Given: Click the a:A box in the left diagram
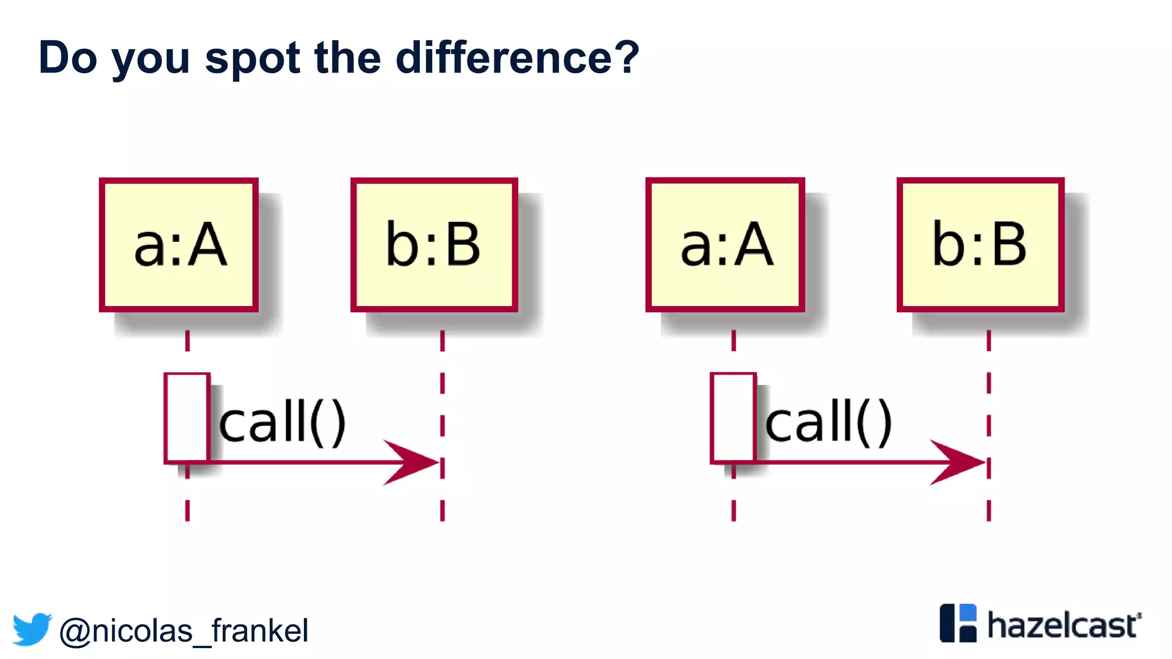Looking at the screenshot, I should [x=179, y=245].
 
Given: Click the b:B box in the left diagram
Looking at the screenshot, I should [x=434, y=245].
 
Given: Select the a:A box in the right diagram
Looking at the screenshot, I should [x=725, y=245].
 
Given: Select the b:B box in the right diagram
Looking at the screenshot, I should [x=980, y=245].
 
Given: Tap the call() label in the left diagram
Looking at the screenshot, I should [x=283, y=422].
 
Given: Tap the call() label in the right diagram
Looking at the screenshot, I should [x=829, y=422].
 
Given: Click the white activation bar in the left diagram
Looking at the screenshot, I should [x=187, y=418].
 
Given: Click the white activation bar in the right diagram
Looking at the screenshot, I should [x=733, y=418].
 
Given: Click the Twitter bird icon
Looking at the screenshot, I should [x=32, y=629].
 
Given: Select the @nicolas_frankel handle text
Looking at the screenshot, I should [x=184, y=631].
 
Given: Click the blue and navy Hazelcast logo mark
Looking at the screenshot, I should [x=958, y=623].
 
